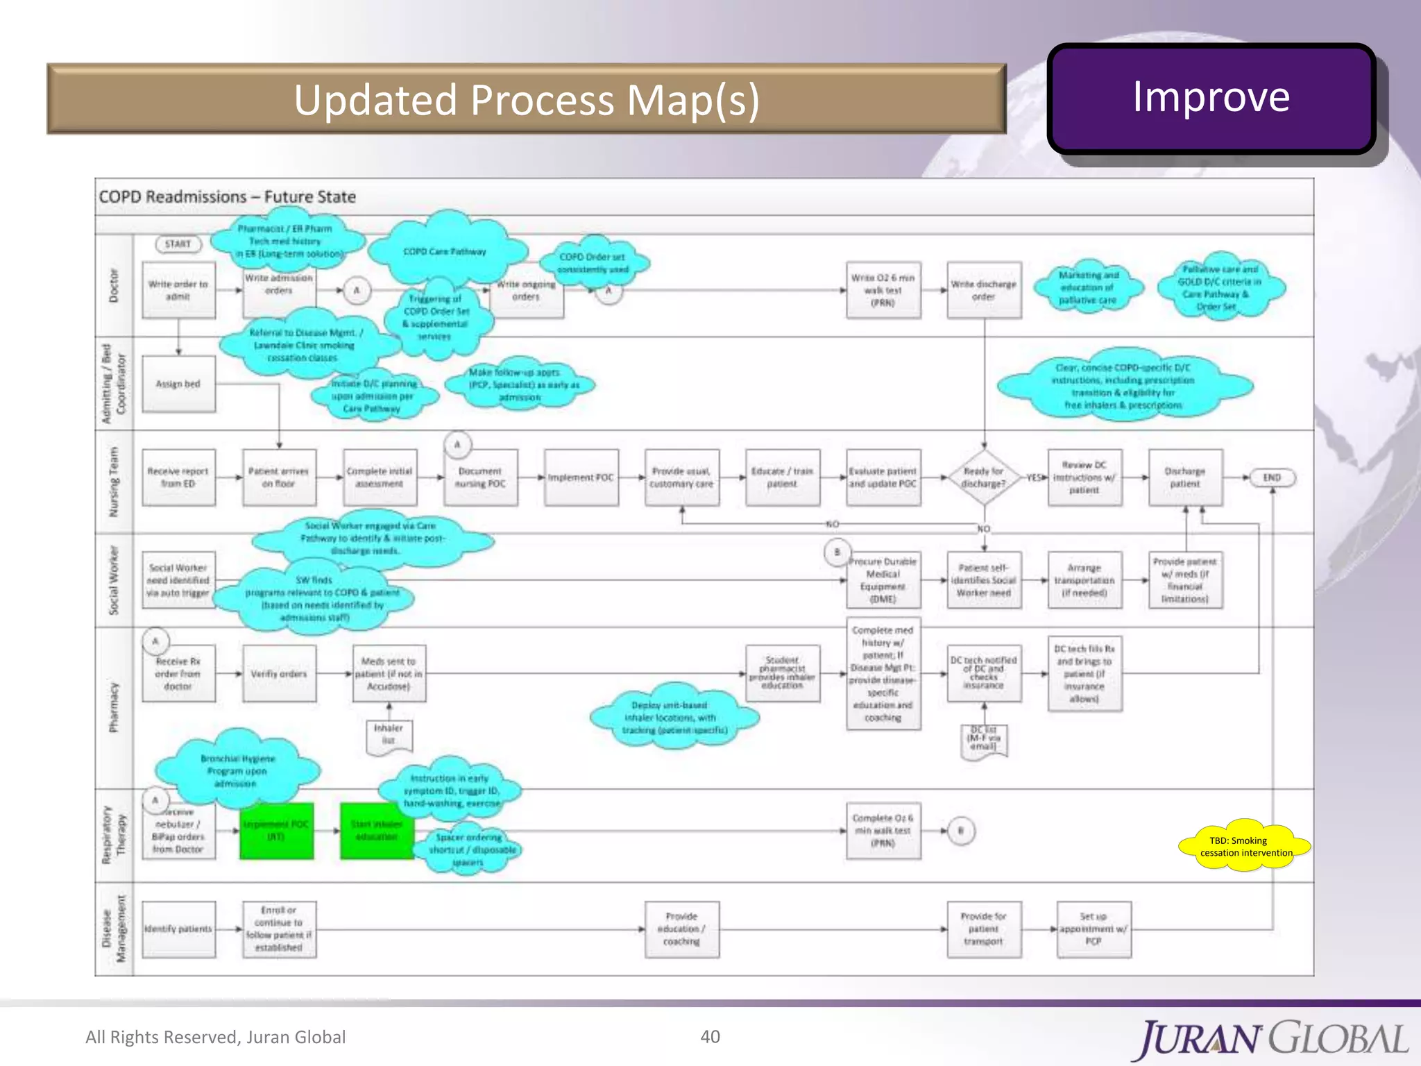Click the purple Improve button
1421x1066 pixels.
(1211, 98)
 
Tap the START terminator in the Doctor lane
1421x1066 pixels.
(178, 244)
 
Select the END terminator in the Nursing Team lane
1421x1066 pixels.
(1271, 477)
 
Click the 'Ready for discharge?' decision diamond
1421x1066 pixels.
(983, 477)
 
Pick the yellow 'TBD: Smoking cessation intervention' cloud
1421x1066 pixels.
(1245, 846)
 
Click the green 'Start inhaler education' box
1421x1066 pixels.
(377, 831)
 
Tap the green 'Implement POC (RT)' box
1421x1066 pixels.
(276, 831)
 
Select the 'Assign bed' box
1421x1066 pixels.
(178, 384)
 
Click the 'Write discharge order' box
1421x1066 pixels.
(983, 290)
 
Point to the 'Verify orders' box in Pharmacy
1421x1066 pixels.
(279, 674)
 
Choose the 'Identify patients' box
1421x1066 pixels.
(178, 929)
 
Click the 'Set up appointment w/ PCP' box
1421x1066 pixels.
(1094, 929)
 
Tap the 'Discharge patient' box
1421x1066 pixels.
(1185, 477)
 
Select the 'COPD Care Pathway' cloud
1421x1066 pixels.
(445, 251)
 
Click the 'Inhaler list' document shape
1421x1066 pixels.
(389, 735)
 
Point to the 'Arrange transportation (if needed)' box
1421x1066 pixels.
(1084, 580)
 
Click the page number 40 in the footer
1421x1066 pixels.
(710, 1036)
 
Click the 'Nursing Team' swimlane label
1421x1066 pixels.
(114, 482)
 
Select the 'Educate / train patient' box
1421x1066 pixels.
(782, 477)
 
